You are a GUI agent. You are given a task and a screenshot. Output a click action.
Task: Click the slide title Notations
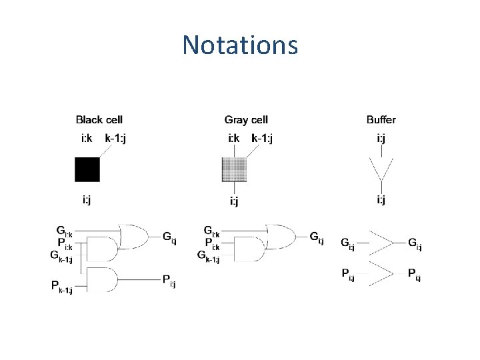coord(240,45)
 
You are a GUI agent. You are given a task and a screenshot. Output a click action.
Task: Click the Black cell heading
coord(99,120)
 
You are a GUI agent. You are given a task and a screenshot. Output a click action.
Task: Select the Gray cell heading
coord(246,120)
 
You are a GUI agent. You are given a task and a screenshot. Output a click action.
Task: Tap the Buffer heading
coord(381,120)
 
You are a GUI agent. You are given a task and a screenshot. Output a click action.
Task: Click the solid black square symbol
coord(87,170)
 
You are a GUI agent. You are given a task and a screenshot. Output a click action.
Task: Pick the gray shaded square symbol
coord(234,170)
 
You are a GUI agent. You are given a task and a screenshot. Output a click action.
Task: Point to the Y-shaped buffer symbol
coord(381,170)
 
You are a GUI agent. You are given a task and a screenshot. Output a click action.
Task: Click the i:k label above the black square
coord(87,139)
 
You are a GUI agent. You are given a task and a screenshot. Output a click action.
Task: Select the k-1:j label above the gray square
coord(262,139)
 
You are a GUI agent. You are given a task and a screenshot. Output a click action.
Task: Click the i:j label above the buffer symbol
coord(381,139)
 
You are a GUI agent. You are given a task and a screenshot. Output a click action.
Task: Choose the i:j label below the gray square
coord(235,201)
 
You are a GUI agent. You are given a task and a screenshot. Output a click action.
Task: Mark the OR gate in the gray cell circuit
coord(281,235)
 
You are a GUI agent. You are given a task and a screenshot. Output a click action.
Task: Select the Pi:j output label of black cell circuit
coord(169,280)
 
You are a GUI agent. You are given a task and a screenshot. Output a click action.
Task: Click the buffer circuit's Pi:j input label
coord(347,274)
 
